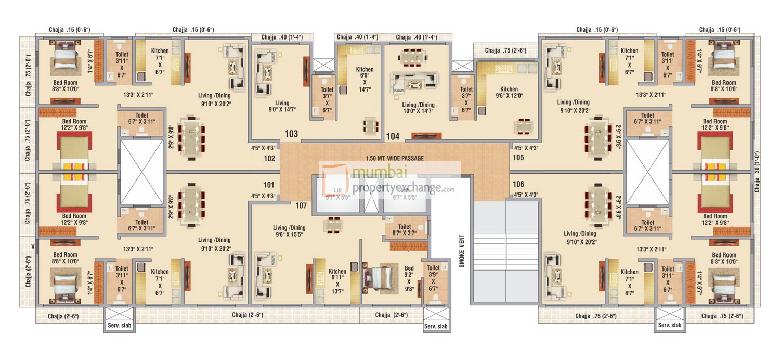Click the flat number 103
click(291, 134)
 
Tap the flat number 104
click(393, 137)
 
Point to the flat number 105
click(518, 158)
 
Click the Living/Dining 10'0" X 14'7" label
click(418, 108)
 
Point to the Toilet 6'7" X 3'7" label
click(404, 230)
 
